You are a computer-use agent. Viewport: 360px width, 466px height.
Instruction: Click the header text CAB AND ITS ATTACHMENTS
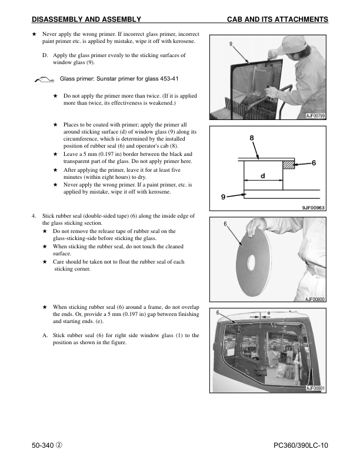pyautogui.click(x=277, y=19)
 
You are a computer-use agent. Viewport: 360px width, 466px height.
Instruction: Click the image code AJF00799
pyautogui.click(x=315, y=116)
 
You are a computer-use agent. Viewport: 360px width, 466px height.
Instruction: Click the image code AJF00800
pyautogui.click(x=315, y=299)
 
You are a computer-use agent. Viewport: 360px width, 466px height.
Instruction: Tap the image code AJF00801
pyautogui.click(x=315, y=388)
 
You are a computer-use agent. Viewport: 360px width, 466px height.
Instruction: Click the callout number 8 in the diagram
pyautogui.click(x=252, y=138)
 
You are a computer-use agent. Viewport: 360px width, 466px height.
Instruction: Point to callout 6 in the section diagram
pyautogui.click(x=314, y=163)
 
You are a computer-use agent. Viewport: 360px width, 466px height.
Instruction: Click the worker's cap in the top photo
pyautogui.click(x=294, y=44)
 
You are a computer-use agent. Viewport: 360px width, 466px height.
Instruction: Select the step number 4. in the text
pyautogui.click(x=34, y=216)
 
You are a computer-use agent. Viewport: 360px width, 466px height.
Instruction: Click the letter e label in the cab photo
pyautogui.click(x=269, y=312)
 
